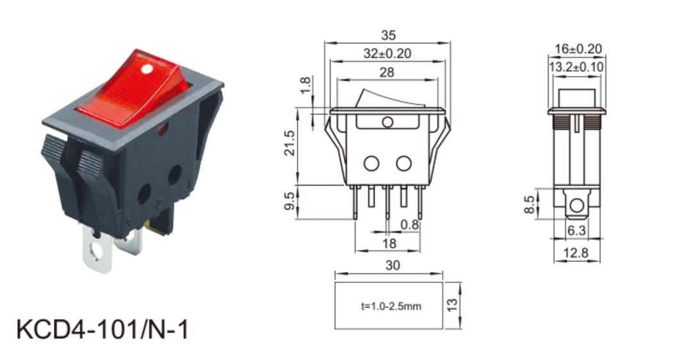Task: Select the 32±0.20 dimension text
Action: [x=387, y=54]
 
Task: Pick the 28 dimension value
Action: [x=387, y=72]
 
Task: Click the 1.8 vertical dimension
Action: [x=305, y=85]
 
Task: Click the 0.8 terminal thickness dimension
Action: [x=410, y=224]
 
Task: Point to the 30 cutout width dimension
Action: [x=389, y=265]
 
